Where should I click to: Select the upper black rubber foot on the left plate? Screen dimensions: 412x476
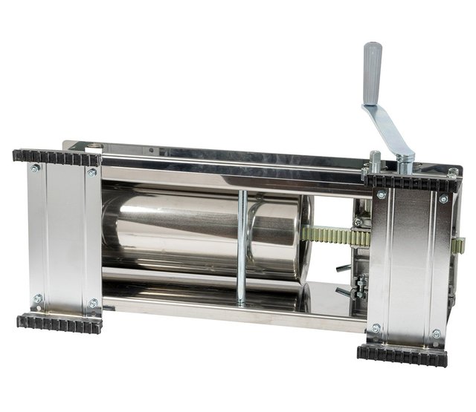[x=57, y=157]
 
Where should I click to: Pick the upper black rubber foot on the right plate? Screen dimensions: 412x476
[x=411, y=183]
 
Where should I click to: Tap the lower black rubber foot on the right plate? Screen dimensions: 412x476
[x=402, y=353]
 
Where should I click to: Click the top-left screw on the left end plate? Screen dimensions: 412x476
[x=35, y=169]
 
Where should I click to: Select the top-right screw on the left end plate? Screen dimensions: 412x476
[x=91, y=172]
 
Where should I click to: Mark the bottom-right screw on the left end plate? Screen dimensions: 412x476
[x=92, y=303]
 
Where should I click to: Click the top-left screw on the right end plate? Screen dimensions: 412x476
[x=380, y=194]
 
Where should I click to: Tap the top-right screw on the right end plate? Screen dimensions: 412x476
[x=443, y=199]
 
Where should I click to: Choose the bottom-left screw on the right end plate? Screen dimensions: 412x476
[x=376, y=327]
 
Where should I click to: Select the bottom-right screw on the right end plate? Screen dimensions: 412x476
[x=437, y=333]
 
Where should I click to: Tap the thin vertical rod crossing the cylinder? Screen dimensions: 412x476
[x=242, y=245]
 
